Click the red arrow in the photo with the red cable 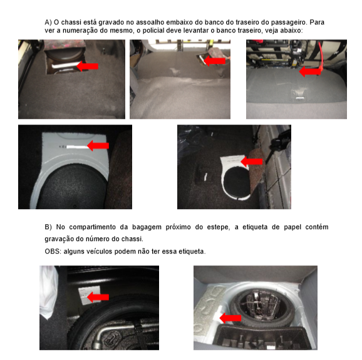click(310, 71)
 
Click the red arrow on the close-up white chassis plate click(97, 146)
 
